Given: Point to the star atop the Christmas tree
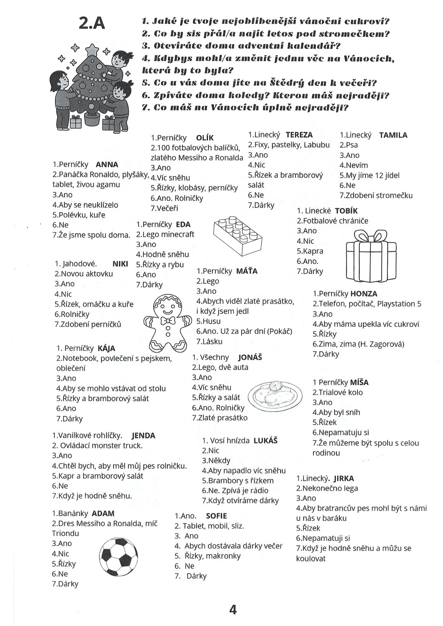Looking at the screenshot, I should (x=93, y=49).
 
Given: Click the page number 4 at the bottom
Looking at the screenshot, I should (x=233, y=610).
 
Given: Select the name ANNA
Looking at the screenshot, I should (x=107, y=164).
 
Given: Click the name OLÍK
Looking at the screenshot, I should (x=205, y=138).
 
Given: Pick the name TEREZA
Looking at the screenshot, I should (x=299, y=135).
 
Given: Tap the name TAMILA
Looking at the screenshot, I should (x=393, y=135).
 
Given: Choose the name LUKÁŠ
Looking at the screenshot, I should (x=265, y=441).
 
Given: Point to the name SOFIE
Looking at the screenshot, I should (x=216, y=516).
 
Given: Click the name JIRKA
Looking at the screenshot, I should (x=344, y=478).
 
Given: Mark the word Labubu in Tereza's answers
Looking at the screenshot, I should (x=315, y=145).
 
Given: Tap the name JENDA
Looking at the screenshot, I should (x=143, y=436).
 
